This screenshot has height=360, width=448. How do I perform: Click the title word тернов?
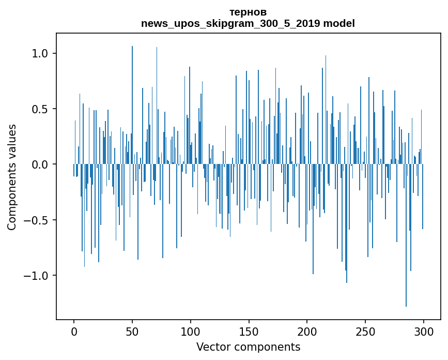point(248,12)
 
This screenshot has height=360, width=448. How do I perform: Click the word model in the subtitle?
point(339,23)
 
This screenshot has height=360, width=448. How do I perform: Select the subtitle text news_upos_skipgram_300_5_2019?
point(230,23)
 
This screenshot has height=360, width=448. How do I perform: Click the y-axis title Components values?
point(12,177)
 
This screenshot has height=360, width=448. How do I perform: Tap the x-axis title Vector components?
point(248,347)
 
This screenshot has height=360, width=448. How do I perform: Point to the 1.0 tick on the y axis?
point(40,54)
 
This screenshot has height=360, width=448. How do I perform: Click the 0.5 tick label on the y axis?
point(40,109)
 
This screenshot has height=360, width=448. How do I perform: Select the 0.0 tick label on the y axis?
point(40,164)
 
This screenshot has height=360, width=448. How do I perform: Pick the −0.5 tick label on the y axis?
point(36,220)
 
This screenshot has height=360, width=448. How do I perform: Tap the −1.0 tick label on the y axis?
point(36,276)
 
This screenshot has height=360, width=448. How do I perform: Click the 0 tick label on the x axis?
point(74,332)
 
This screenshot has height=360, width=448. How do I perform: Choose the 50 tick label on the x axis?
point(132,332)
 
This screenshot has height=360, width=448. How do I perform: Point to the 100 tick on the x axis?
point(191,332)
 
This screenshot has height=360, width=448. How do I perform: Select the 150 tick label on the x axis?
point(249,332)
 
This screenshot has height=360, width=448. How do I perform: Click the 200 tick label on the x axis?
point(307,332)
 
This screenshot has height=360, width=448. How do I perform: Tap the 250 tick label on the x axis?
point(365,332)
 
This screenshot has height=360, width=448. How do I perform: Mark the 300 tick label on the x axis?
point(424,332)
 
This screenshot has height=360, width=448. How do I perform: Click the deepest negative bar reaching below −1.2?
point(406,259)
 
